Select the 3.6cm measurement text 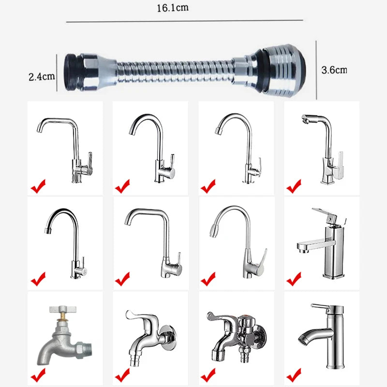click(334, 70)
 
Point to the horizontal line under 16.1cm click(184, 21)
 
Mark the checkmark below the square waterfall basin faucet click(293, 279)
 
